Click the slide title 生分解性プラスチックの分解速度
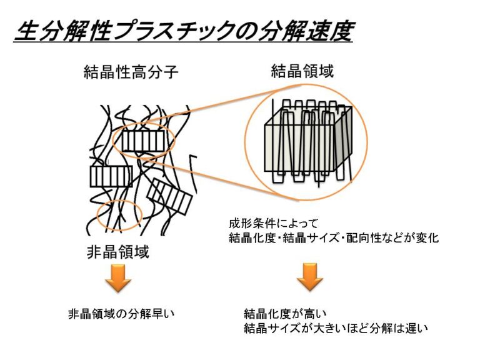182,30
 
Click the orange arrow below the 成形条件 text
309,278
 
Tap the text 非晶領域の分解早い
120,312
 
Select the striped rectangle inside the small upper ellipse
142,141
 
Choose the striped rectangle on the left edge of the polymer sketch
111,176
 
